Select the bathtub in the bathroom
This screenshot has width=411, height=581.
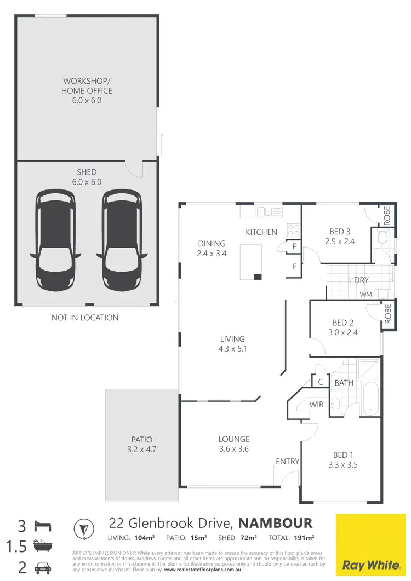tap(370, 399)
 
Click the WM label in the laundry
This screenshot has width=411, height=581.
tap(366, 295)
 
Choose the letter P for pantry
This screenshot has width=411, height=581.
tap(294, 247)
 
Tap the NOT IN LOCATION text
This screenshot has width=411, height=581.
tap(85, 318)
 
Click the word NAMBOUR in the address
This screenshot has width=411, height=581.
tap(276, 522)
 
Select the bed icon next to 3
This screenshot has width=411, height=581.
tap(42, 526)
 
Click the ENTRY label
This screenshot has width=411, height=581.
tap(288, 462)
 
